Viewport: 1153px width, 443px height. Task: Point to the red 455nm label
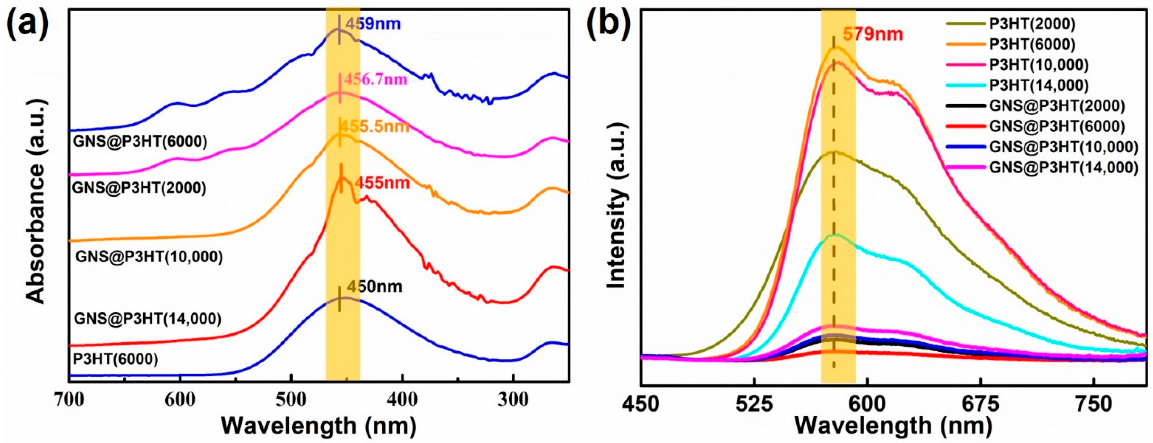coord(382,183)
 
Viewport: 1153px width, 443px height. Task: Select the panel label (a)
coord(28,23)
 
